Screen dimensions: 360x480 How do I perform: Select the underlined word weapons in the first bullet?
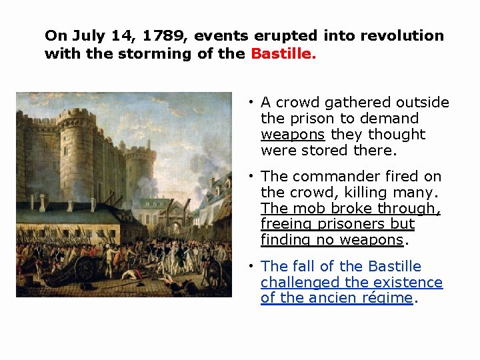(293, 134)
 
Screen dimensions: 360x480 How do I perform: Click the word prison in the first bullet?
(311, 118)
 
